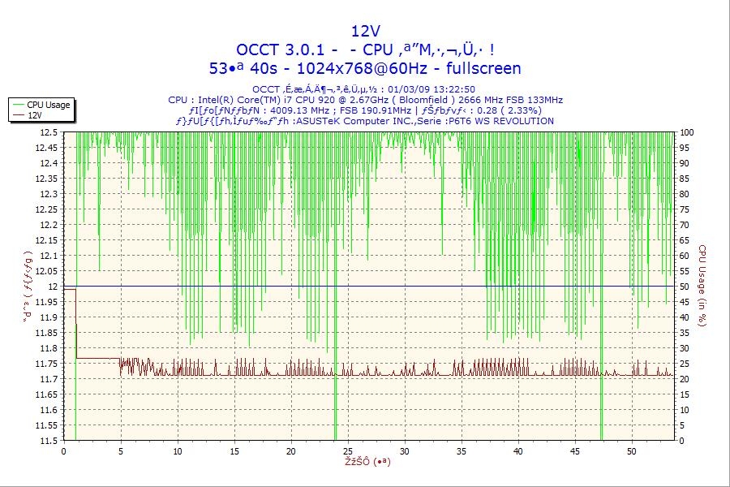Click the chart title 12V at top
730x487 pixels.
(365, 31)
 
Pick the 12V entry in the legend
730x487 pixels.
(35, 115)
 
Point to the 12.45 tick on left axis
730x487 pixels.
(46, 148)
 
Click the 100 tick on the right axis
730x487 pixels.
(685, 132)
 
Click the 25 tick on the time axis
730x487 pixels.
(347, 450)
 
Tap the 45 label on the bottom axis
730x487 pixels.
(574, 450)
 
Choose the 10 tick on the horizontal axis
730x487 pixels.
(178, 450)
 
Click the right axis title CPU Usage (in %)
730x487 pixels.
(702, 286)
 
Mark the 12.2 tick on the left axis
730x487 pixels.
(49, 225)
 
